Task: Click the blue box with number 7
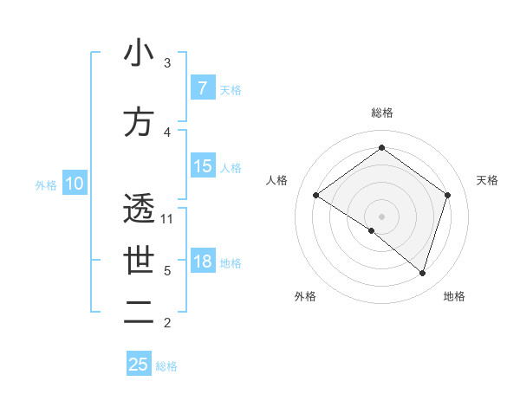point(202,88)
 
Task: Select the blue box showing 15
point(202,166)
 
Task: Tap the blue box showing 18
point(202,262)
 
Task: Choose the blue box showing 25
point(139,364)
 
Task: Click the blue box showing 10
point(74,184)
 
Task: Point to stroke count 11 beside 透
point(168,218)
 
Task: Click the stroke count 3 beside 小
point(167,63)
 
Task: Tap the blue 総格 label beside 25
point(166,365)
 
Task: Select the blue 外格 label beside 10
point(46,184)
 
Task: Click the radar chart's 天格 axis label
point(487,180)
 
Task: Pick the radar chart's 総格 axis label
point(381,113)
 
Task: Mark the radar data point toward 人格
point(316,196)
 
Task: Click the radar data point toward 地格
point(422,273)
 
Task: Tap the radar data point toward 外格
point(372,230)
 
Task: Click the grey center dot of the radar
point(381,216)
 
